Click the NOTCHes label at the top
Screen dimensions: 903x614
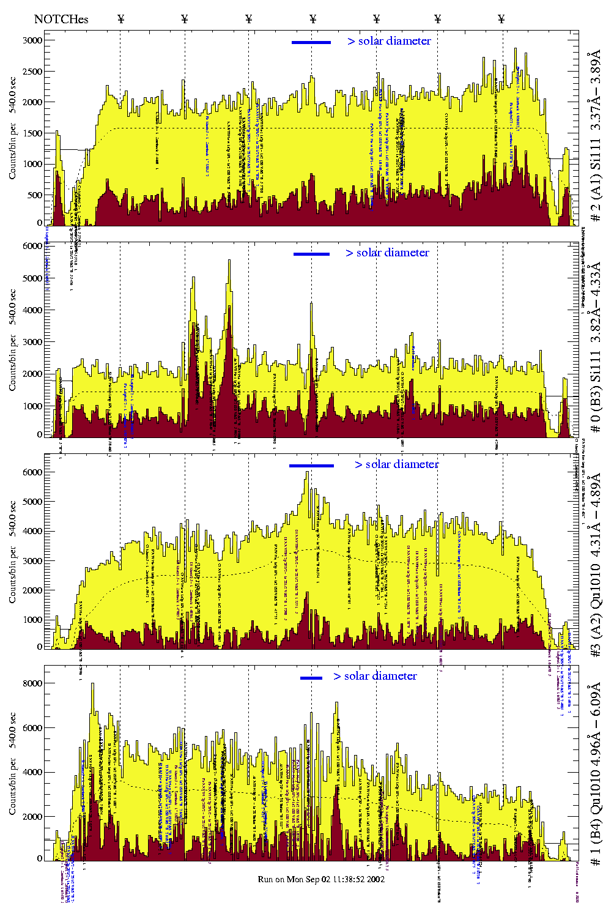[61, 19]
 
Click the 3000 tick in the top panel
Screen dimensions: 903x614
[32, 40]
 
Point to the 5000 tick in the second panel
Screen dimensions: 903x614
[32, 278]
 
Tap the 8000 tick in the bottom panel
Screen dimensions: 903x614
[32, 683]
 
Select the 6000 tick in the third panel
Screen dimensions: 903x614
[32, 472]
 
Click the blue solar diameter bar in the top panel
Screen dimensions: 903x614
[311, 42]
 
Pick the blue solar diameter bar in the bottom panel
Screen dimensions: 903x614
[311, 678]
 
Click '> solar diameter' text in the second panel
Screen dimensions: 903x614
[387, 253]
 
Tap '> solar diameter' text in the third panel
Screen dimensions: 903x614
[396, 464]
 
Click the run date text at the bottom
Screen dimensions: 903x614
[321, 879]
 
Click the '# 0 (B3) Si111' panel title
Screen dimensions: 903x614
[596, 347]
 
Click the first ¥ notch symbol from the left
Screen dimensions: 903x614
[120, 19]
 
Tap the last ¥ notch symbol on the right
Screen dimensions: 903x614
[501, 19]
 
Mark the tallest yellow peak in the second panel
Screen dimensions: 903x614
[229, 262]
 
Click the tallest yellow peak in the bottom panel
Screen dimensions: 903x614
[92, 685]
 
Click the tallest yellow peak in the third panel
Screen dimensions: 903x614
[307, 473]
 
